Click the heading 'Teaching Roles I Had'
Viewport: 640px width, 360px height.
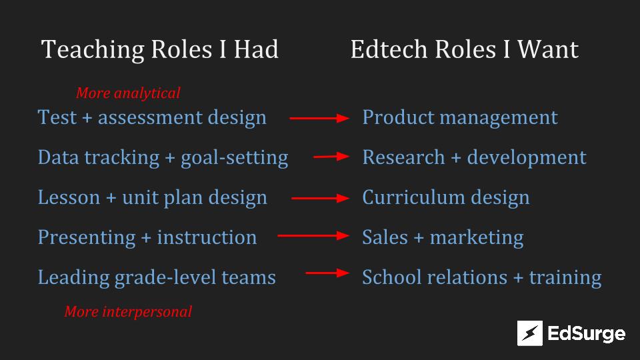159,49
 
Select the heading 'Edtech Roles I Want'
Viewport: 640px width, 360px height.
465,49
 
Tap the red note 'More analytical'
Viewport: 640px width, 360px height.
128,93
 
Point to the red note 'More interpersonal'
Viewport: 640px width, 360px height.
128,312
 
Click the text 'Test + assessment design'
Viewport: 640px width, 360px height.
152,117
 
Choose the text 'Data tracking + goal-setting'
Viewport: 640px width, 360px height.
163,157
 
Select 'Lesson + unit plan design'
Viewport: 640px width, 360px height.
152,197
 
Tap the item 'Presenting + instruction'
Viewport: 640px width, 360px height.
147,237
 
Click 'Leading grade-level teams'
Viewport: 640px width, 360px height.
157,277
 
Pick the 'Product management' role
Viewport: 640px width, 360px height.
460,117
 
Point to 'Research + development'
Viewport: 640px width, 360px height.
474,157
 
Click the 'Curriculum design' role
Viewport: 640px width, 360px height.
446,197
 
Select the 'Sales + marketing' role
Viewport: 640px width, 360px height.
443,237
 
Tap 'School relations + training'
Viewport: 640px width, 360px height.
481,277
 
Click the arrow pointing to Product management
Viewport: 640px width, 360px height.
319,119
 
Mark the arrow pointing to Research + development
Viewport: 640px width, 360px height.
331,156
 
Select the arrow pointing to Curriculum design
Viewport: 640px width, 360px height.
321,199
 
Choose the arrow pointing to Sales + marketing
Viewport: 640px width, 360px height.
313,235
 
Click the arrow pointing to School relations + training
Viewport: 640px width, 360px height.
327,273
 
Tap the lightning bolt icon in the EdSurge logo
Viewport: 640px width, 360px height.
530,333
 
